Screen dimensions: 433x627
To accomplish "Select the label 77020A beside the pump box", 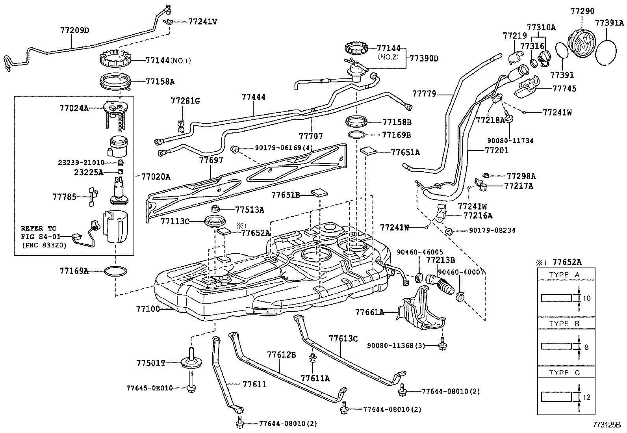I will click(x=156, y=177).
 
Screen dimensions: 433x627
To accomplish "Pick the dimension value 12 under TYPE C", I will click(x=587, y=398).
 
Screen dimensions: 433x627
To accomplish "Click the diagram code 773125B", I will click(x=607, y=426).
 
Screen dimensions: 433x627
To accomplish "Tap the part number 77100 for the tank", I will click(x=148, y=308).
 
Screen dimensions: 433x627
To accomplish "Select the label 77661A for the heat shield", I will click(x=369, y=312).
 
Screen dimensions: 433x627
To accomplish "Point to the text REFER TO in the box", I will click(x=39, y=229).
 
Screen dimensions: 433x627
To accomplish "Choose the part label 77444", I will click(x=254, y=97).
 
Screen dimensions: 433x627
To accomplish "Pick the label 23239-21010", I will click(x=81, y=162).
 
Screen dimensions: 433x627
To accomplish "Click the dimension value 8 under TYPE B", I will click(x=586, y=348).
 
